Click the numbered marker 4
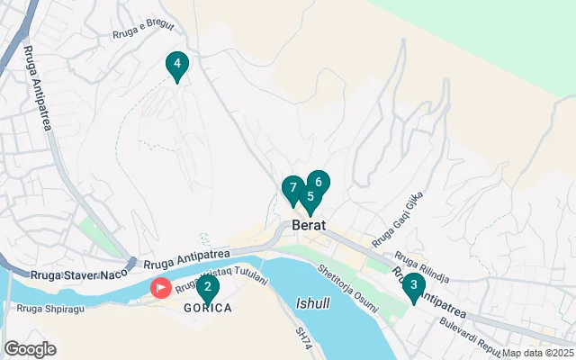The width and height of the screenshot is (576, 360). coord(177,65)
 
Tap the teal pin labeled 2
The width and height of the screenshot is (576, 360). coord(208,289)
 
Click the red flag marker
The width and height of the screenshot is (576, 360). coord(161,288)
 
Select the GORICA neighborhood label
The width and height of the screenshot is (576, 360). coord(208,308)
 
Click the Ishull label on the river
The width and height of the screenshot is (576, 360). coord(312,304)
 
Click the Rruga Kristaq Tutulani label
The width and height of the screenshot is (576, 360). coord(222,282)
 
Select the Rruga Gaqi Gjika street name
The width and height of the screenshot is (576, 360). coord(396,221)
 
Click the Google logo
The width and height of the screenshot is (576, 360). coord(30,348)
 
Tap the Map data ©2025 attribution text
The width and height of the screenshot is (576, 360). coord(537,354)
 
